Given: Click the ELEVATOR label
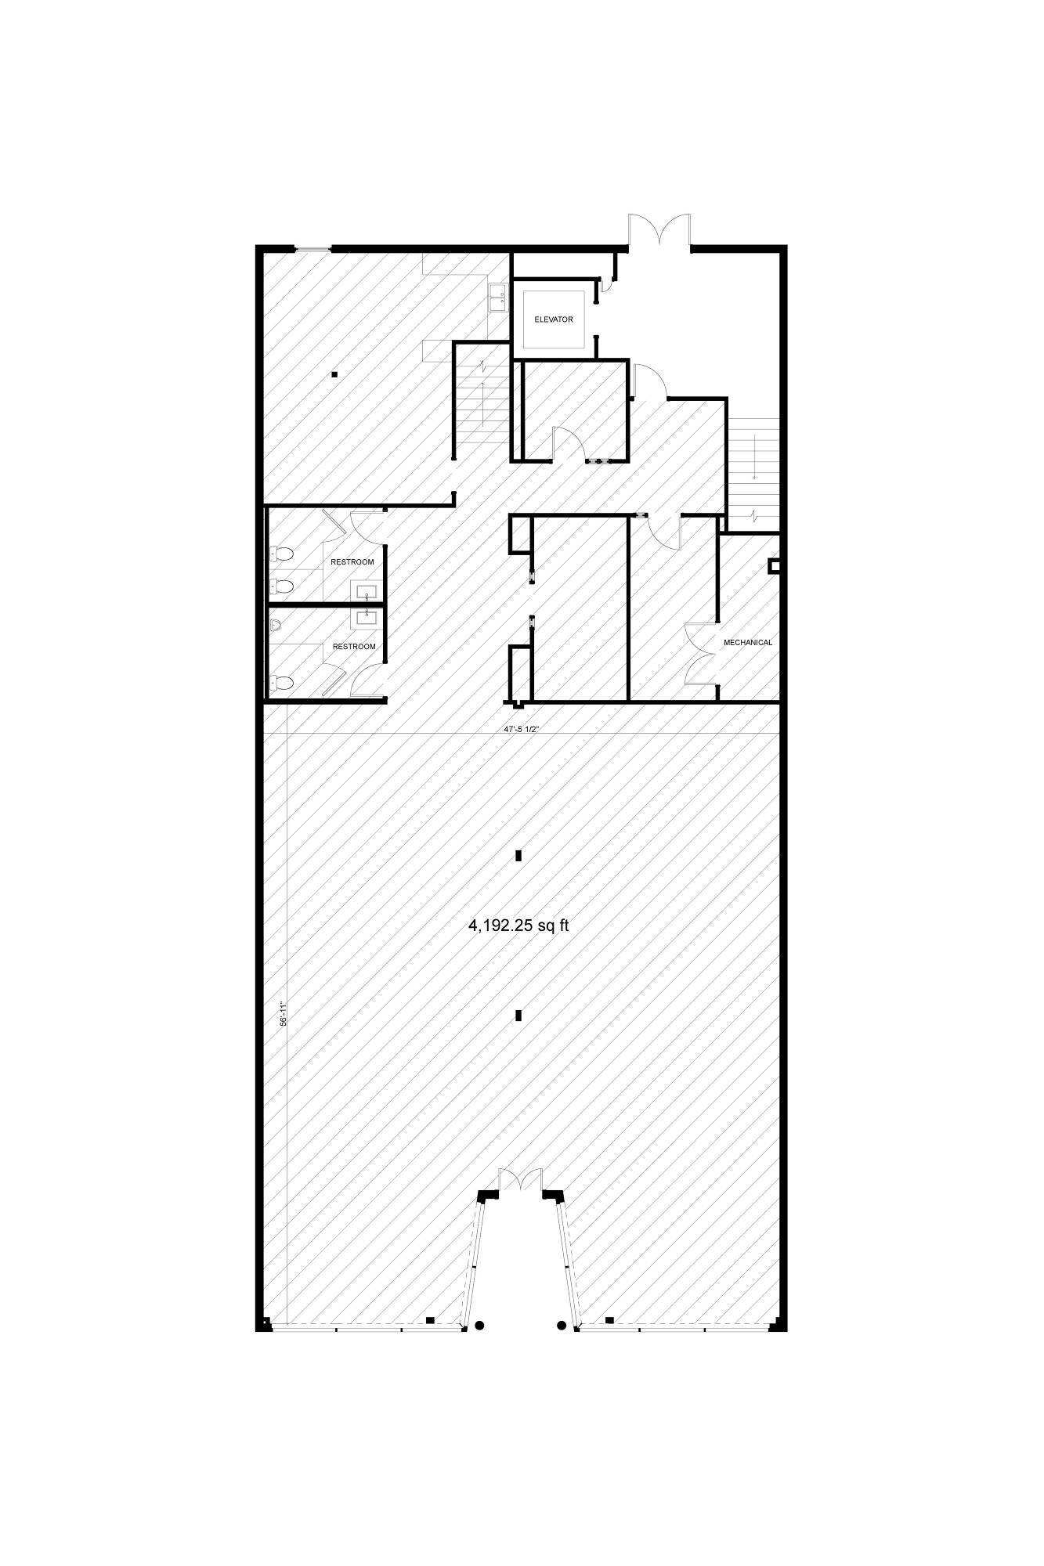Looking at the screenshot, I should tap(554, 319).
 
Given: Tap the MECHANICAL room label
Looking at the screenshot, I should tap(747, 642).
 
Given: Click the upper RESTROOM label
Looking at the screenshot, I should tap(352, 562).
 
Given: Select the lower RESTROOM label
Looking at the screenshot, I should tap(354, 647).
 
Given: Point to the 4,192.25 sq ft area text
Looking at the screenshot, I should tap(518, 926).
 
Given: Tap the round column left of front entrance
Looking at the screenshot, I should tap(480, 1326).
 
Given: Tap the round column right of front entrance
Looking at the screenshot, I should tap(562, 1326).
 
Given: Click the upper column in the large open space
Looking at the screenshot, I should tap(518, 856).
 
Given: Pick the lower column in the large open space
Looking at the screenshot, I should tap(518, 1016).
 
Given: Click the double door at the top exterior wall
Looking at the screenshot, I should tap(659, 231).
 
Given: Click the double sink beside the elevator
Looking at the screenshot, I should tap(497, 298).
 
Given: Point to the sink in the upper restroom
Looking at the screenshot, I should tap(367, 591).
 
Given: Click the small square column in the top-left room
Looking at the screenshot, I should tap(334, 374).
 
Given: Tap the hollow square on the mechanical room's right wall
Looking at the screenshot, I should tap(774, 565).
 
